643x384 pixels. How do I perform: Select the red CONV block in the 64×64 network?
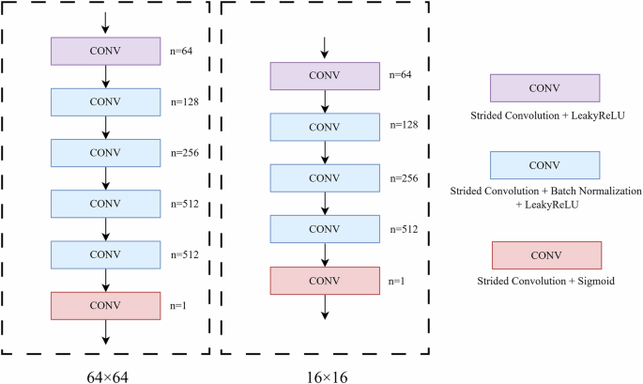105,305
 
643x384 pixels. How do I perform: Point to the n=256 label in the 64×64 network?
184,150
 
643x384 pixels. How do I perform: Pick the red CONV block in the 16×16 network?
324,280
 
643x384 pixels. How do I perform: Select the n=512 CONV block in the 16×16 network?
324,228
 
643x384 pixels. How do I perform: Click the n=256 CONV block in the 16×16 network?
324,177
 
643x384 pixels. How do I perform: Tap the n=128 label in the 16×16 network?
405,125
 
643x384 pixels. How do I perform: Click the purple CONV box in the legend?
544,88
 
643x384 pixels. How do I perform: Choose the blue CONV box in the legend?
544,165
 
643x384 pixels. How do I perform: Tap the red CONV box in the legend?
544,254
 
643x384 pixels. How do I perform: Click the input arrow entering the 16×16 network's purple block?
324,49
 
